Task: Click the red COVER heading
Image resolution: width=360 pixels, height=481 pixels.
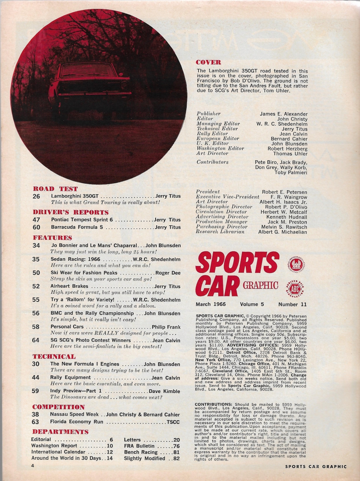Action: click(x=208, y=62)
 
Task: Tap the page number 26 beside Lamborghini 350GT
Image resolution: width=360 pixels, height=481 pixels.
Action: click(x=36, y=196)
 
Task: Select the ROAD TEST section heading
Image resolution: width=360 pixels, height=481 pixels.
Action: click(x=55, y=189)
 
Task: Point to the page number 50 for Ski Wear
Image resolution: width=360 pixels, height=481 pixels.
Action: click(x=36, y=273)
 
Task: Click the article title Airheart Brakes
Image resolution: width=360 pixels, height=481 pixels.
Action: click(x=69, y=286)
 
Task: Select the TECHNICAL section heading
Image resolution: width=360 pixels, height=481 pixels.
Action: click(x=54, y=356)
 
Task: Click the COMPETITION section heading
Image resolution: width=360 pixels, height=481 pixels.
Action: click(x=59, y=407)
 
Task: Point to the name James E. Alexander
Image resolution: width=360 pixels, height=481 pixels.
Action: click(x=283, y=114)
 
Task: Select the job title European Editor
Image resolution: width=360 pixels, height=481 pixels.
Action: click(x=218, y=138)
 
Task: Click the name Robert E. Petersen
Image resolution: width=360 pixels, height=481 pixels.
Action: click(x=284, y=192)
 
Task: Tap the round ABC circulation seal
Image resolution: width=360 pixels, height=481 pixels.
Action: click(x=295, y=287)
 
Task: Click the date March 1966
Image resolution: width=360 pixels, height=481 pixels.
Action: click(x=211, y=304)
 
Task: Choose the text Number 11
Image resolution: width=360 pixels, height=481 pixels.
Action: click(x=293, y=304)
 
